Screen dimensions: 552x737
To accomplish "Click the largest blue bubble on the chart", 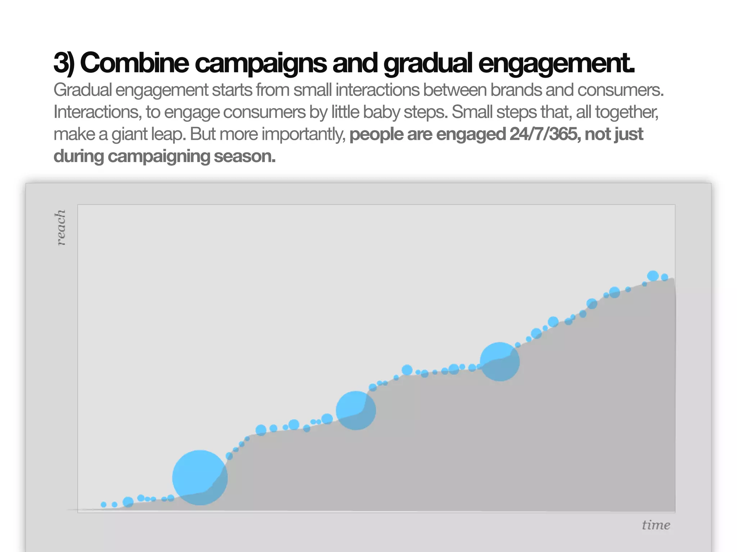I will (200, 477).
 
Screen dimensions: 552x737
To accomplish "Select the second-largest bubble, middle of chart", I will (356, 410).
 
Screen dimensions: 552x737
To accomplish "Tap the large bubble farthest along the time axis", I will (499, 362).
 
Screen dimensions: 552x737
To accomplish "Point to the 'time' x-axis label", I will (656, 525).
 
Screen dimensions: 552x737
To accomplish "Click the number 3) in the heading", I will (64, 63).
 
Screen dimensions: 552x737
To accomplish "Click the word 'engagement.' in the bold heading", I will (556, 63).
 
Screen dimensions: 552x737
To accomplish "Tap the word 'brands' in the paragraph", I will (516, 90).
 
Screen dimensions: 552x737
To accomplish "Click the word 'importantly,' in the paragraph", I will (303, 134).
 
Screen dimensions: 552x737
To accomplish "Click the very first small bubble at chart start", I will (104, 505).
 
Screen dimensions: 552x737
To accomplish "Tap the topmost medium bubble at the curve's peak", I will (653, 276).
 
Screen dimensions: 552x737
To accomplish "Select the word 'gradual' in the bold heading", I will (428, 63).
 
